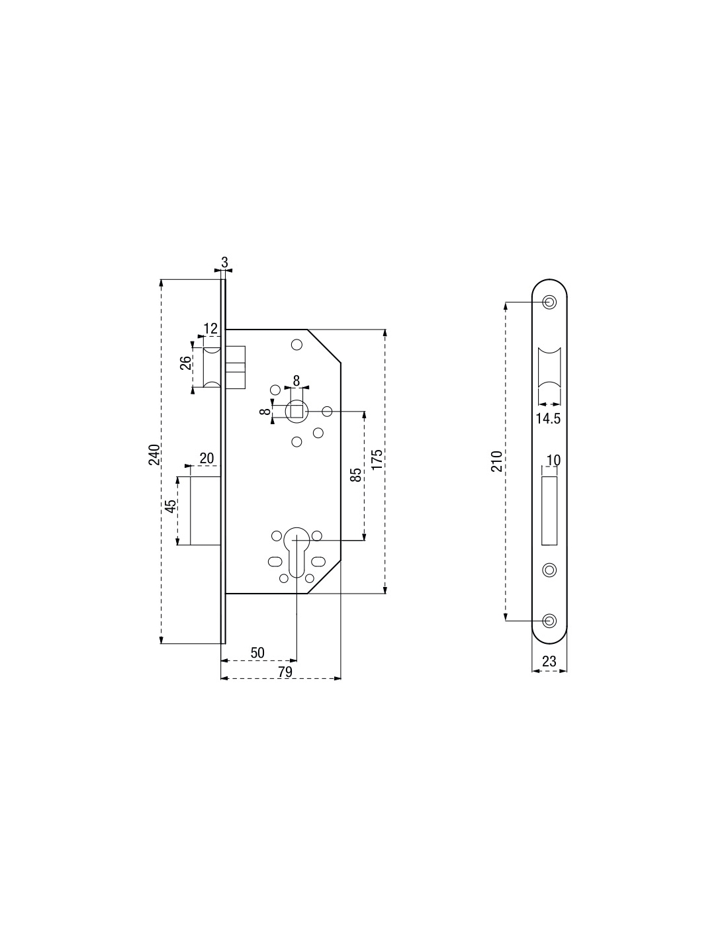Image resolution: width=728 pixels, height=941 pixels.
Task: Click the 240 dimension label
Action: [155, 454]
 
